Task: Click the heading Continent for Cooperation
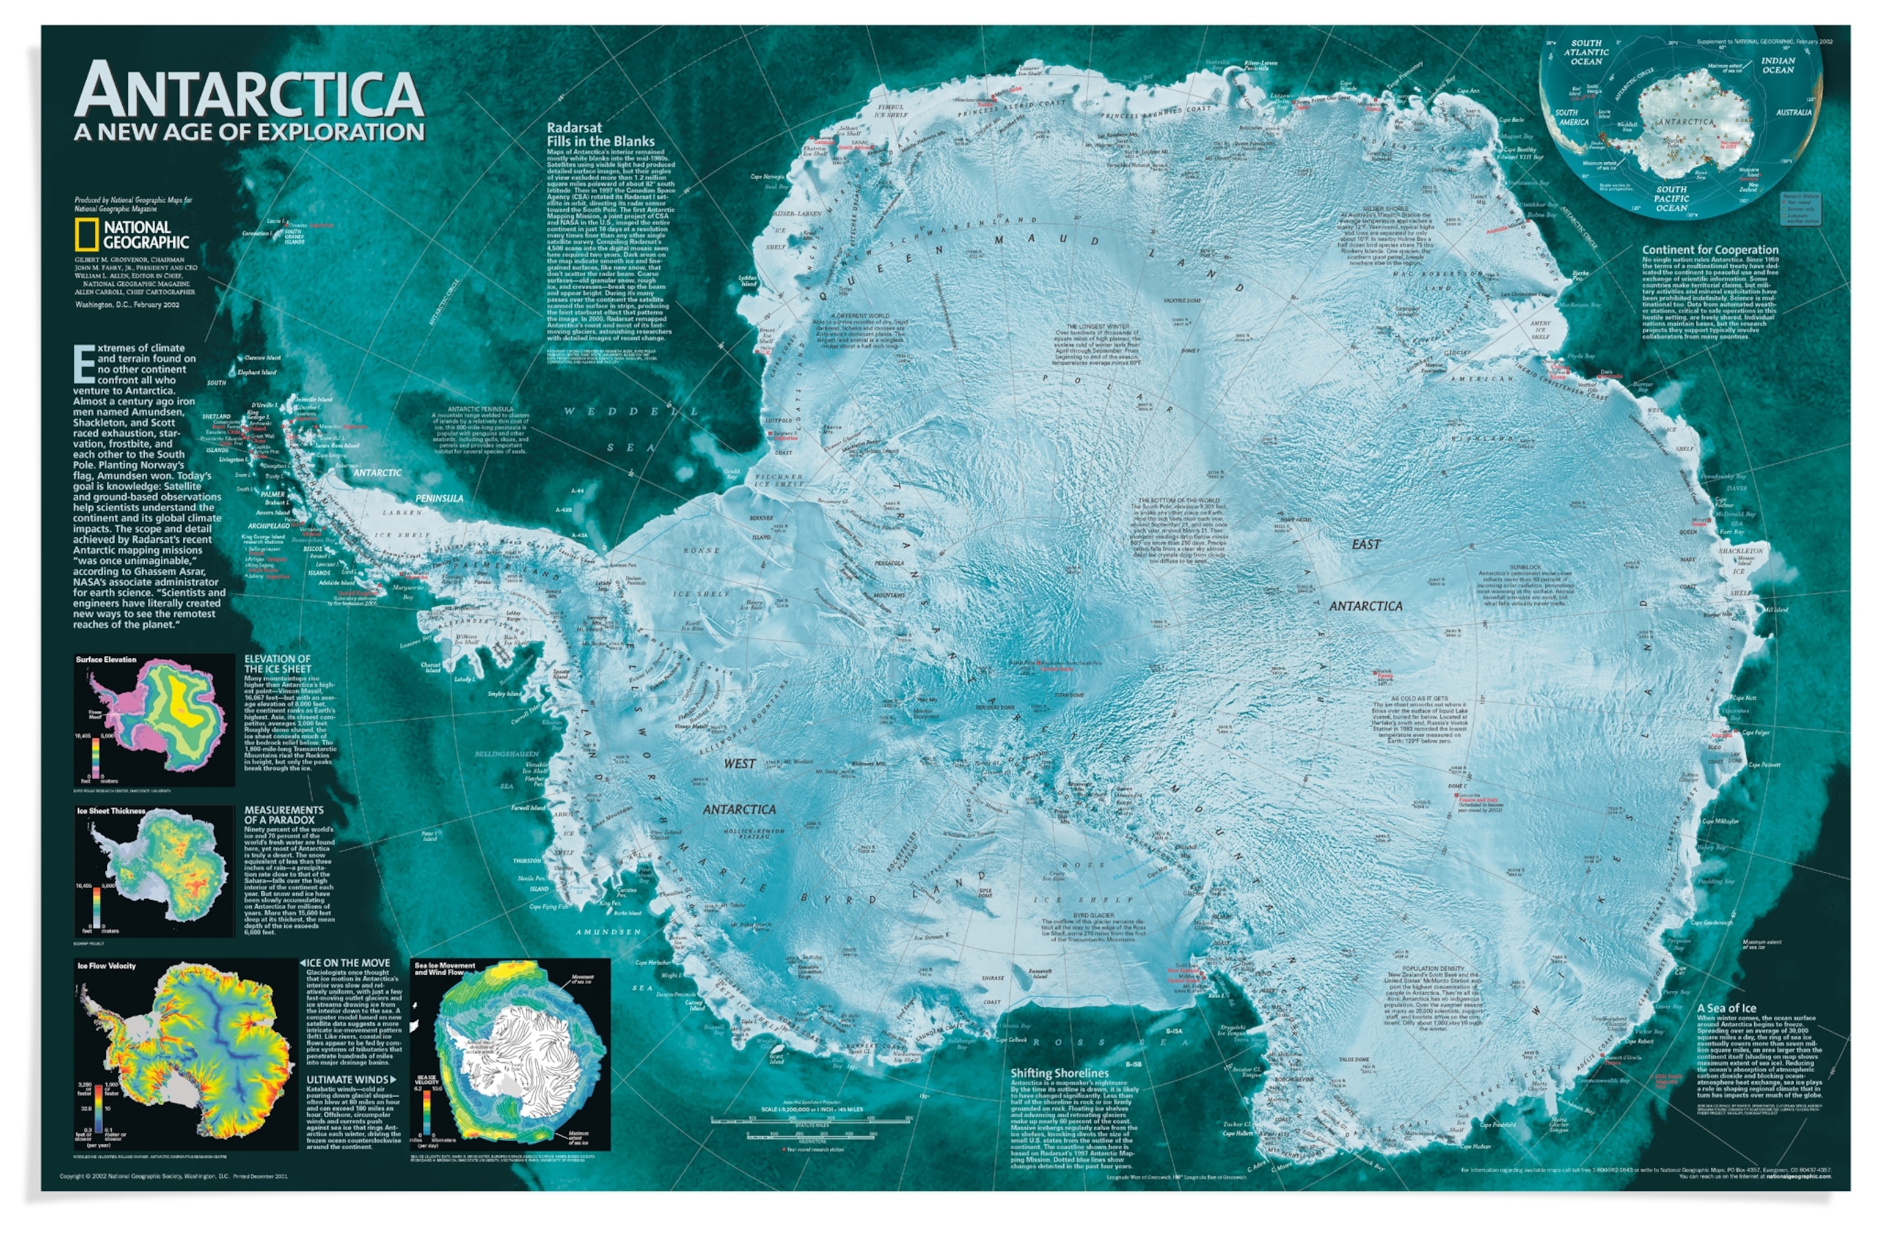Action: click(1710, 249)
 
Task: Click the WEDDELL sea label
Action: click(631, 411)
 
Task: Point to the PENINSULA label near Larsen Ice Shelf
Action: click(439, 499)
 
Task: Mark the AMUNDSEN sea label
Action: click(608, 932)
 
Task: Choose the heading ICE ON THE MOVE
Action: click(348, 963)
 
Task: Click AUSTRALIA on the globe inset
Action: click(1793, 112)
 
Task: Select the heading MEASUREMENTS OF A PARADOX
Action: click(284, 814)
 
